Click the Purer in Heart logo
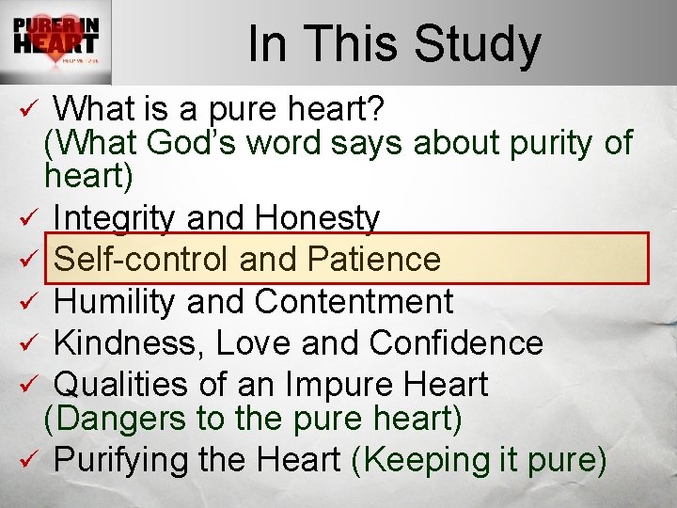[x=56, y=42]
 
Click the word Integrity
[x=116, y=219]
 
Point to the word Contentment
[x=354, y=302]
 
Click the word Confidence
[x=456, y=343]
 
